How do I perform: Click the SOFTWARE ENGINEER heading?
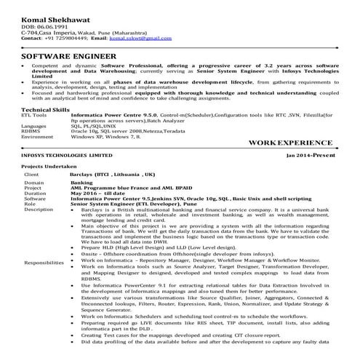coord(68,55)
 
